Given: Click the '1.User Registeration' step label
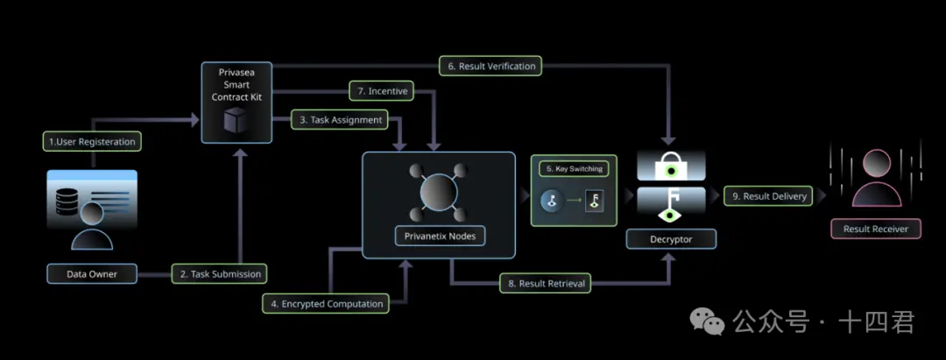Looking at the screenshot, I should [92, 141].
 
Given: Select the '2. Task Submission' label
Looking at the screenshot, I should [221, 274].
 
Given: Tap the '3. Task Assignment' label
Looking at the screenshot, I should [341, 120].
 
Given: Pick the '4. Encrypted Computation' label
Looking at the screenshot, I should [327, 304].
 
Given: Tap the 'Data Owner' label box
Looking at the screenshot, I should [92, 274].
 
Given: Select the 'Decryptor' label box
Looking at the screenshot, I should [671, 238].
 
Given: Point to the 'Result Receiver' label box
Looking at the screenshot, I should [875, 229].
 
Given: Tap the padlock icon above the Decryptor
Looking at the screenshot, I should [670, 164].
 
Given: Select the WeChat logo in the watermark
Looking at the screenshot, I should [707, 321].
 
